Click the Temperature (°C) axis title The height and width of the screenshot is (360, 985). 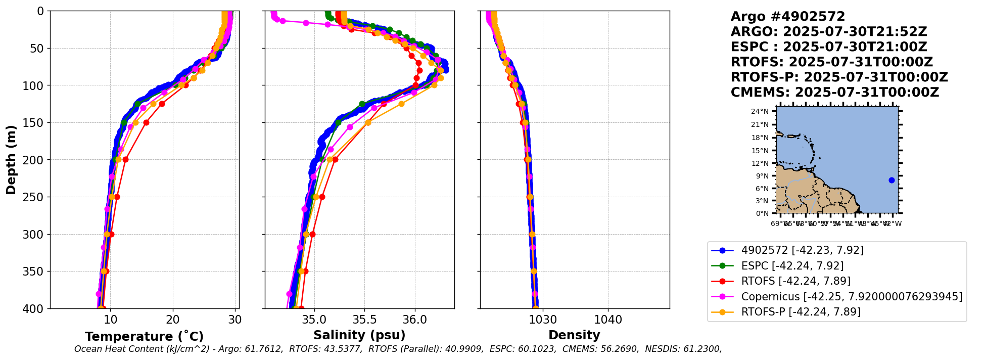144,337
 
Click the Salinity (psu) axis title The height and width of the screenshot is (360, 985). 359,335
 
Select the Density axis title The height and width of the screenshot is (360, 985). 574,335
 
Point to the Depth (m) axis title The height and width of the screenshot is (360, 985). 11,160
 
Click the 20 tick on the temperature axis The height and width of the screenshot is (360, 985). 173,320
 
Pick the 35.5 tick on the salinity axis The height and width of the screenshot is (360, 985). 364,320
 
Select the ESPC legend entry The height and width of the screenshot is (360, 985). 792,266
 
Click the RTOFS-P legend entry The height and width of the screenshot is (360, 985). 801,312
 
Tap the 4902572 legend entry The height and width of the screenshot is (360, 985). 802,250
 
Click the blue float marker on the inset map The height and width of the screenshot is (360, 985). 892,181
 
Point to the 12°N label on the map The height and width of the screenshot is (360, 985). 760,163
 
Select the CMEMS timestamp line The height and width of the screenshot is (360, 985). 834,93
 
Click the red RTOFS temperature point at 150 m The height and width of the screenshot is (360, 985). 146,122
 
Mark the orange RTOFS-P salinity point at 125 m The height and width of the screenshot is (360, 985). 401,104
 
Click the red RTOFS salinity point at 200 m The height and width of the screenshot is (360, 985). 335,159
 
